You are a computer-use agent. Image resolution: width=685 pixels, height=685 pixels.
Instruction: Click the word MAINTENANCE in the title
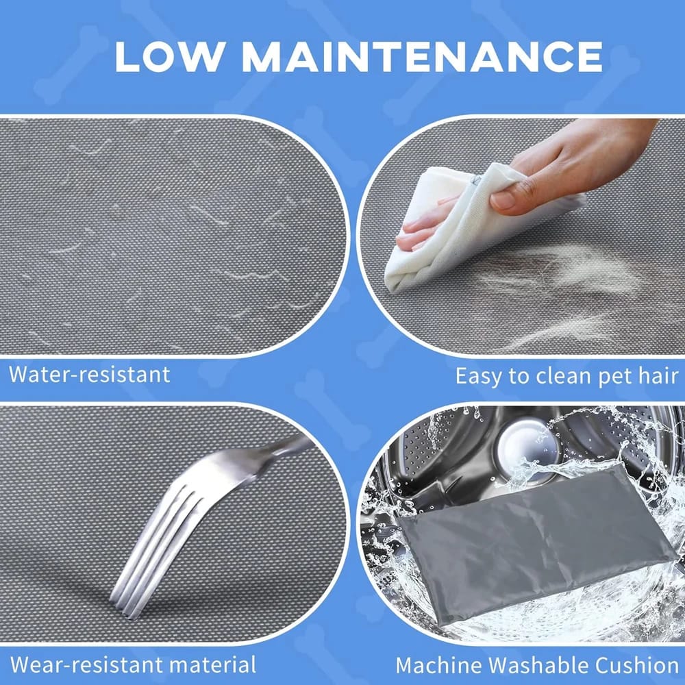(422, 57)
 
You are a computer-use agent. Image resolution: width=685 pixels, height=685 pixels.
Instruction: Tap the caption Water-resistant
(90, 375)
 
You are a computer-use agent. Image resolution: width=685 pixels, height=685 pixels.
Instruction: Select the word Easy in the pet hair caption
(480, 376)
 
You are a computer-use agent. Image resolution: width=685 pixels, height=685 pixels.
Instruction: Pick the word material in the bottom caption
(213, 664)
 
